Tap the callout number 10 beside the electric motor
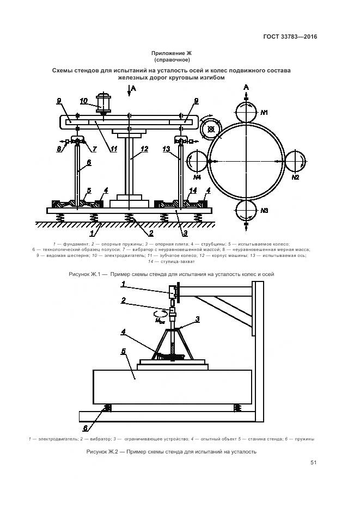(x=83, y=100)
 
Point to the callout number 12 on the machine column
(x=144, y=148)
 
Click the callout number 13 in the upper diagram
(x=167, y=148)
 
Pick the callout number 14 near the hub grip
(x=192, y=191)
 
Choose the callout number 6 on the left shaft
(x=89, y=162)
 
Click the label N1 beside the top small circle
(x=265, y=113)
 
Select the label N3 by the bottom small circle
(x=265, y=210)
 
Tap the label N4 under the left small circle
(x=197, y=177)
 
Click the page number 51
(x=313, y=463)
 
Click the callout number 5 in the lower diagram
(x=124, y=352)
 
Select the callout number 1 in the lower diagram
(x=124, y=284)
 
